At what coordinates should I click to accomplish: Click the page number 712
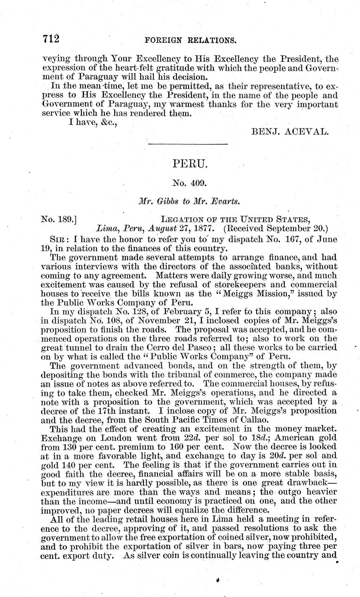51,39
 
